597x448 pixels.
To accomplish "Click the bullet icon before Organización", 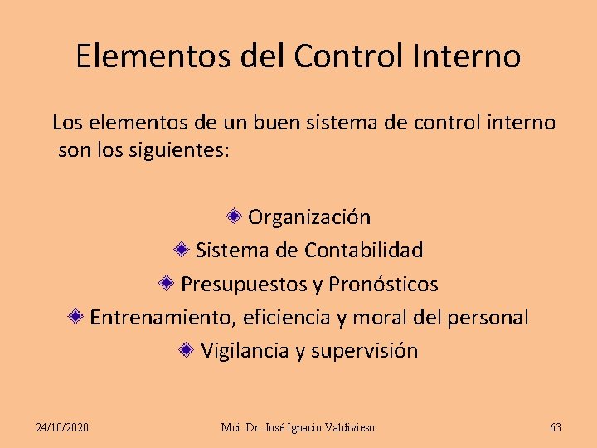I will [x=235, y=217].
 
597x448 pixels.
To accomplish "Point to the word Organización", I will [x=309, y=217].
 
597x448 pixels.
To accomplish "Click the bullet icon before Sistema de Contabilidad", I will [x=182, y=249].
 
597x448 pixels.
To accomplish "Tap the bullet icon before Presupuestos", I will [x=167, y=283].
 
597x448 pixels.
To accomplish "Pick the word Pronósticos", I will [x=383, y=285].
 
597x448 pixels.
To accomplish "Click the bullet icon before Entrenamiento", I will [x=75, y=316].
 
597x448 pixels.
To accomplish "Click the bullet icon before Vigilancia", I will [x=187, y=349].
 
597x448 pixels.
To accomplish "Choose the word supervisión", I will [x=364, y=351].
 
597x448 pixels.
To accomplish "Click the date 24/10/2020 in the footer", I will [x=63, y=427].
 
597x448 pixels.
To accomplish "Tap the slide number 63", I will [x=556, y=427].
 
